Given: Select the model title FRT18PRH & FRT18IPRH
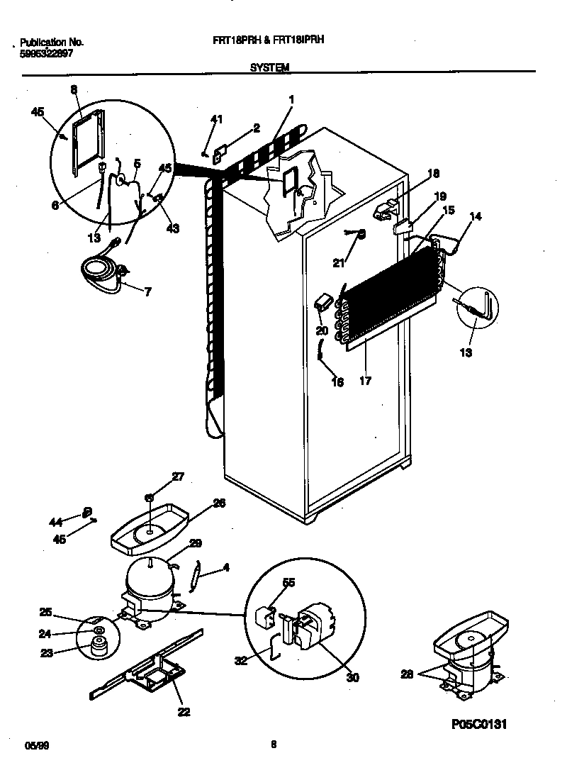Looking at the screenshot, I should tap(269, 41).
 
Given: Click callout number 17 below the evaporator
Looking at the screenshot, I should tap(365, 381).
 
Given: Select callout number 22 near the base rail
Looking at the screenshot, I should tap(184, 712).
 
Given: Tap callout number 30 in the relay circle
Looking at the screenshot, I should tap(352, 677).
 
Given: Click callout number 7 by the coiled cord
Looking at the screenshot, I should tap(147, 291).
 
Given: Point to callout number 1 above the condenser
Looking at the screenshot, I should tap(291, 99).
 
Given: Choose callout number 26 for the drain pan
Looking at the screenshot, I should tap(219, 503).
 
